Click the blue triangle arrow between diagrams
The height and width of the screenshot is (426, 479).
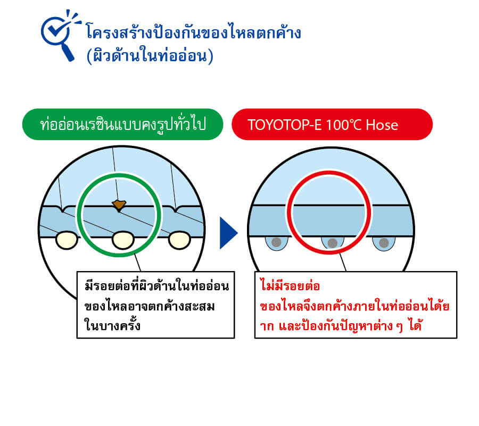[228, 233]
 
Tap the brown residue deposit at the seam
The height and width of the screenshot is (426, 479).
[119, 205]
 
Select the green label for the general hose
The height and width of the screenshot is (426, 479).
[122, 125]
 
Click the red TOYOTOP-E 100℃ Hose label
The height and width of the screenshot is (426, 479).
[332, 125]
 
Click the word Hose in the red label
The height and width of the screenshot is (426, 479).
[382, 125]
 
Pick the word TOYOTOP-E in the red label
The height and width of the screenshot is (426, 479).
[284, 125]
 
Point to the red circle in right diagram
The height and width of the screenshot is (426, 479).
[288, 212]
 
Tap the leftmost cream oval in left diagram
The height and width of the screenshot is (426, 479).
[67, 240]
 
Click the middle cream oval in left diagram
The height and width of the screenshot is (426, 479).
[123, 240]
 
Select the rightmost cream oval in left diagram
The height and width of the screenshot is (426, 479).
[180, 240]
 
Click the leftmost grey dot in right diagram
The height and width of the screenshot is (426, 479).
[276, 242]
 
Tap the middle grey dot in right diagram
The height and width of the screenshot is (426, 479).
[332, 243]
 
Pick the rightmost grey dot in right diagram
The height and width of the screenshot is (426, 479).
[384, 243]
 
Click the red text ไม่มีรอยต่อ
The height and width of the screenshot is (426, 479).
[290, 285]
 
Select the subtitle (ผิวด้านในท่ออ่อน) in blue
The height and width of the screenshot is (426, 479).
[150, 55]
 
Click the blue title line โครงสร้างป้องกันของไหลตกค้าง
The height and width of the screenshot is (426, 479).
[194, 32]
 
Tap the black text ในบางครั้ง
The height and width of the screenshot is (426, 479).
[112, 324]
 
